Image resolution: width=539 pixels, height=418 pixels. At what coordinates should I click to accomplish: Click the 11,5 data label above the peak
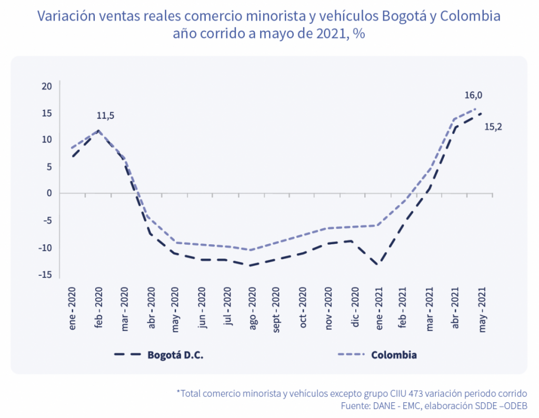105,116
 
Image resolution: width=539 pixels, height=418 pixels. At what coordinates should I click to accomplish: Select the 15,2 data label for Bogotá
493,127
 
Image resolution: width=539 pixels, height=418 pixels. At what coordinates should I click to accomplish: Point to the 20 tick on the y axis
47,86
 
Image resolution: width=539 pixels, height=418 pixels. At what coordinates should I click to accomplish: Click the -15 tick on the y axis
46,274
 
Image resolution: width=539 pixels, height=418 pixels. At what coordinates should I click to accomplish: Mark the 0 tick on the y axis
50,193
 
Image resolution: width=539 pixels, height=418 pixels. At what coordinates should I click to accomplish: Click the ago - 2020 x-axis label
253,310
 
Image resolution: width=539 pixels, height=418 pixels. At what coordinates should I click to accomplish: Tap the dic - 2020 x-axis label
355,310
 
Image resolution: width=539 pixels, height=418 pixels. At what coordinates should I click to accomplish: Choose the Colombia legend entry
394,355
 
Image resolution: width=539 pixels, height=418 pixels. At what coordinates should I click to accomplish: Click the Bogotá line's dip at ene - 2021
378,264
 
